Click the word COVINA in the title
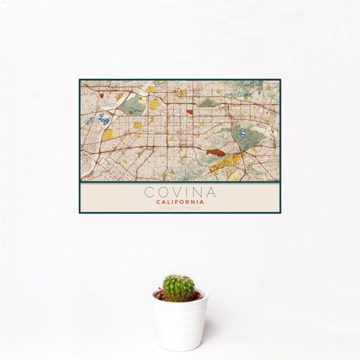click(x=180, y=191)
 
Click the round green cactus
click(x=179, y=288)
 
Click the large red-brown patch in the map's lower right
click(x=214, y=150)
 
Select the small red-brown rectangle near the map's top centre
click(x=190, y=111)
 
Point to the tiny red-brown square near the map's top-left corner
click(x=101, y=94)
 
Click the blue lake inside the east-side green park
click(x=243, y=131)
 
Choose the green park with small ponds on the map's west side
click(x=132, y=106)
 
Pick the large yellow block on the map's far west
click(x=107, y=134)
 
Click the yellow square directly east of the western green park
click(x=153, y=104)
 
